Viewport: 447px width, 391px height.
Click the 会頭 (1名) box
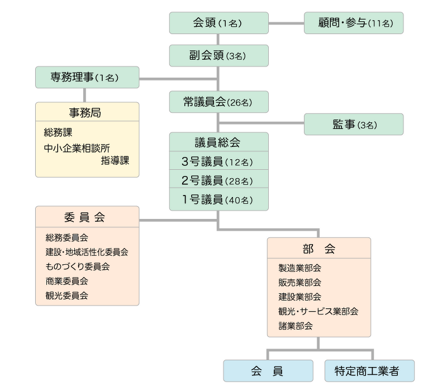coord(219,23)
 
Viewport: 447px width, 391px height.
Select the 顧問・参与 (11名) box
coord(354,23)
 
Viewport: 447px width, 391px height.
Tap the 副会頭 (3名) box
coord(219,55)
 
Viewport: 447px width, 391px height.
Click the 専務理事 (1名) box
coord(87,77)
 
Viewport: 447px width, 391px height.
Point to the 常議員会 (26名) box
coord(219,102)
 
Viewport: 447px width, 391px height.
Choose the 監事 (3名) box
coord(354,124)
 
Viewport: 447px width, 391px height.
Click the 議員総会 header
coord(219,142)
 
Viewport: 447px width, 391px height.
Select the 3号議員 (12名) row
coord(219,161)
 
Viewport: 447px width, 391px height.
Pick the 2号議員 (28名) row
coord(219,179)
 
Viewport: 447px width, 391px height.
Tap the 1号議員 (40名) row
coord(219,199)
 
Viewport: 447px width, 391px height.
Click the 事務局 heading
coord(85,113)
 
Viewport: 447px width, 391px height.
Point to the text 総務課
coord(58,132)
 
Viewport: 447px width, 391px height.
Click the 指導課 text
coord(115,160)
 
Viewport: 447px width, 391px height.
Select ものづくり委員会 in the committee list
coord(78,266)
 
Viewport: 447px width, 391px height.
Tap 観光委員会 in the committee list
coord(66,295)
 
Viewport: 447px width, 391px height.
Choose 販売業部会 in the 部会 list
coord(299,283)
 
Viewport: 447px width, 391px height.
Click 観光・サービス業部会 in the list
coord(318,311)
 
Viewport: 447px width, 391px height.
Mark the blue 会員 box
coord(268,371)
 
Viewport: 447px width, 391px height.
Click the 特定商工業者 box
coord(369,371)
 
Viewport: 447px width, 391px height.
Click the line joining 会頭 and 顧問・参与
coord(286,23)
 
